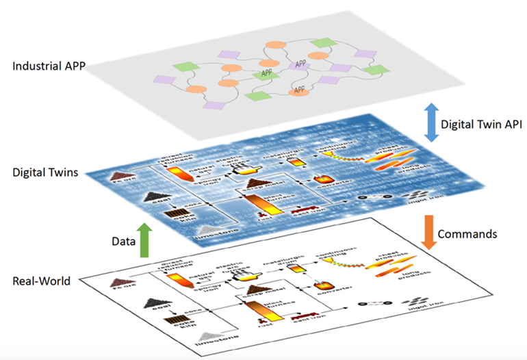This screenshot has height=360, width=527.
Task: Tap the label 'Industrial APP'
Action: pos(47,67)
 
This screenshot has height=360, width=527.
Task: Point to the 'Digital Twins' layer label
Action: pos(44,173)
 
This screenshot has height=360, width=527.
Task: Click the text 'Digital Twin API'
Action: pos(480,125)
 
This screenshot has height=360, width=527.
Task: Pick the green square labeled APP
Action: pos(266,73)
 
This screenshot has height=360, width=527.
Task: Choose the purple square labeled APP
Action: pos(300,64)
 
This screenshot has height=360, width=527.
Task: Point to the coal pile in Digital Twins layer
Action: pos(153,196)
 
